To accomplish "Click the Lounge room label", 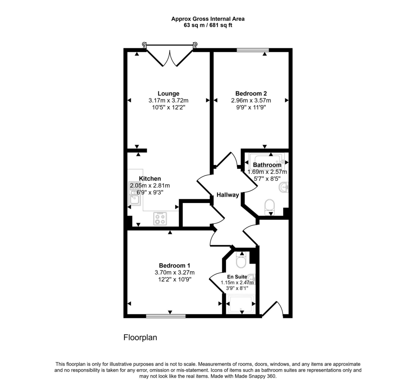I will click(x=169, y=93).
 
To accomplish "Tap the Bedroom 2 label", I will click(x=251, y=93).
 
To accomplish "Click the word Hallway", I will click(x=227, y=195).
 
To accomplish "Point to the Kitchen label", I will click(x=150, y=179).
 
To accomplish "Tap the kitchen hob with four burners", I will click(x=160, y=219).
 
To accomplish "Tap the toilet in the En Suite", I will click(x=241, y=261).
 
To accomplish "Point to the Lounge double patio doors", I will click(x=170, y=55).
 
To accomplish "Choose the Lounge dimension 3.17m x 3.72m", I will click(x=169, y=101).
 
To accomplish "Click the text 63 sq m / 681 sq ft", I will click(x=208, y=25).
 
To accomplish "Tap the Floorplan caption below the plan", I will click(x=140, y=337).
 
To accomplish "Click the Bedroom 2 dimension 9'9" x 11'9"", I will click(x=251, y=108).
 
